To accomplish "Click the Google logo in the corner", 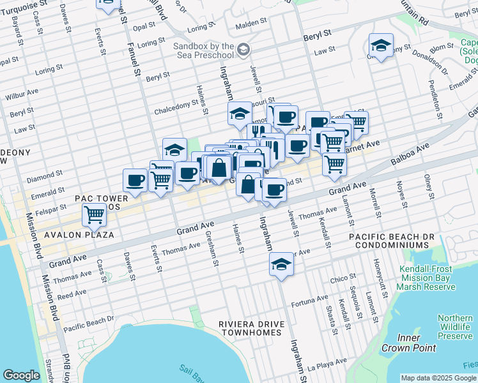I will [21, 375].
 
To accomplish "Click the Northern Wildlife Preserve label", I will [455, 327].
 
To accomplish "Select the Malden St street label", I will [250, 26].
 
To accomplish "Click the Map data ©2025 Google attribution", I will [438, 378].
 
